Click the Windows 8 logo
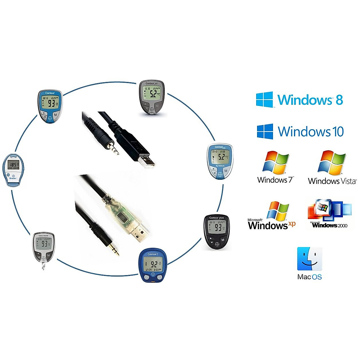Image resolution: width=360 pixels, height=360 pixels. [299, 100]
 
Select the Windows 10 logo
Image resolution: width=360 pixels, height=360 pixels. [300, 131]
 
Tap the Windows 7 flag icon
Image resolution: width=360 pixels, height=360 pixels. [276, 163]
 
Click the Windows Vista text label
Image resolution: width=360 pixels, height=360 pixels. [332, 181]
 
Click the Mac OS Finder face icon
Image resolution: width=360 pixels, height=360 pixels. [310, 259]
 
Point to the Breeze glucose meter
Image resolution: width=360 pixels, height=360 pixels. [13, 170]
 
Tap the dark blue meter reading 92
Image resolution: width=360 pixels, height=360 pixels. [153, 265]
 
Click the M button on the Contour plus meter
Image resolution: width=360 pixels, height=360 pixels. [223, 240]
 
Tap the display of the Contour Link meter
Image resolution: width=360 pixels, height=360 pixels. [221, 156]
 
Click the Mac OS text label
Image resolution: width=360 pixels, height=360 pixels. [310, 277]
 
